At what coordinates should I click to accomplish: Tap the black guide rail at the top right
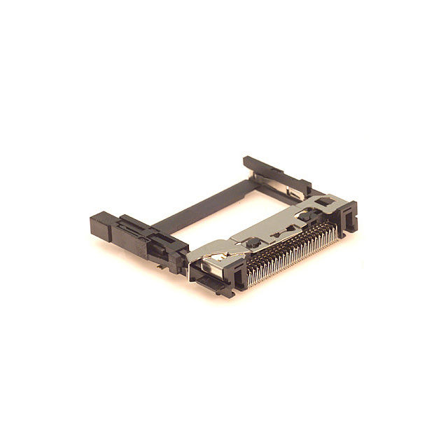(x=276, y=175)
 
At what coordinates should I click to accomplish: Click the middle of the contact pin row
(x=290, y=255)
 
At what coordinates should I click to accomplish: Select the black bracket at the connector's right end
(x=348, y=217)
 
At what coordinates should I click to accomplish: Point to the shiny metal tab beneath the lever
(x=210, y=269)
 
